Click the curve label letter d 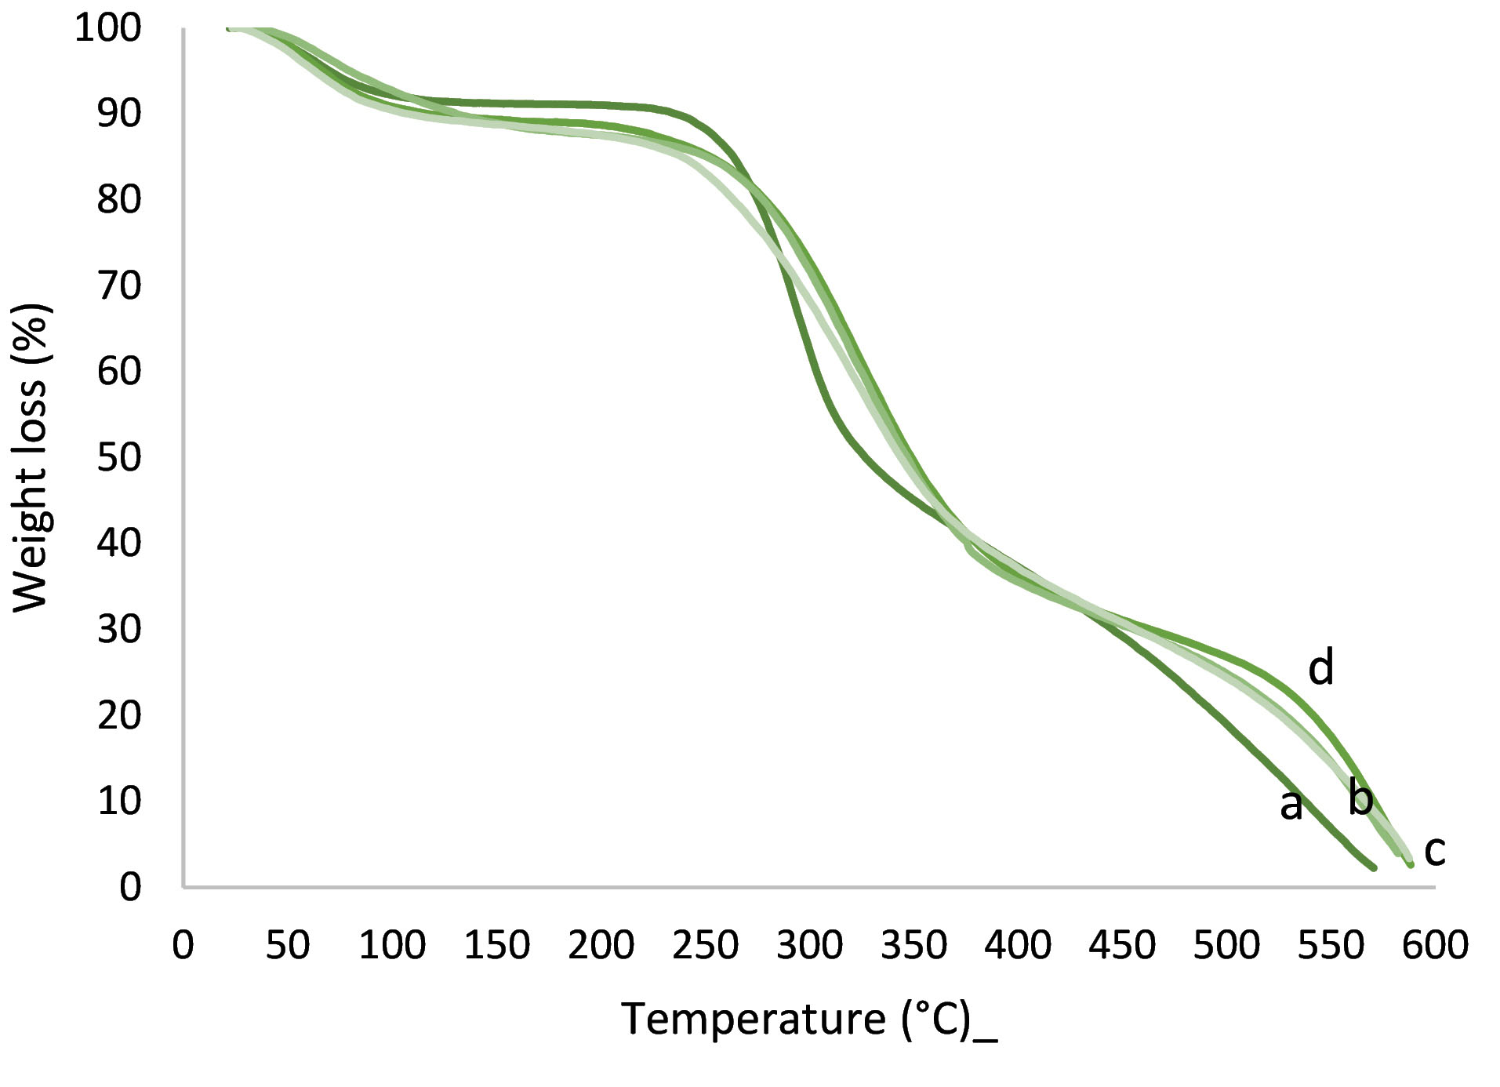(x=1321, y=668)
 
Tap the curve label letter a (x=1291, y=805)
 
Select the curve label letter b (x=1360, y=798)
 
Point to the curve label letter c (x=1434, y=850)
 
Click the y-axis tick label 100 (x=107, y=28)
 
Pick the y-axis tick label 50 (x=119, y=457)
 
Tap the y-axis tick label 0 (x=130, y=887)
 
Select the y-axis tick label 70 (x=119, y=285)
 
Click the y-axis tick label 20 (x=119, y=715)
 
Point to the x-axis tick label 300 (x=809, y=945)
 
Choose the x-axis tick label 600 (x=1435, y=945)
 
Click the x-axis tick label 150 (x=496, y=945)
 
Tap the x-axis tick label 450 (x=1122, y=945)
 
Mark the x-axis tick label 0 (x=183, y=945)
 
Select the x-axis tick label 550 (x=1331, y=945)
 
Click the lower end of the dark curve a (x=1373, y=867)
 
